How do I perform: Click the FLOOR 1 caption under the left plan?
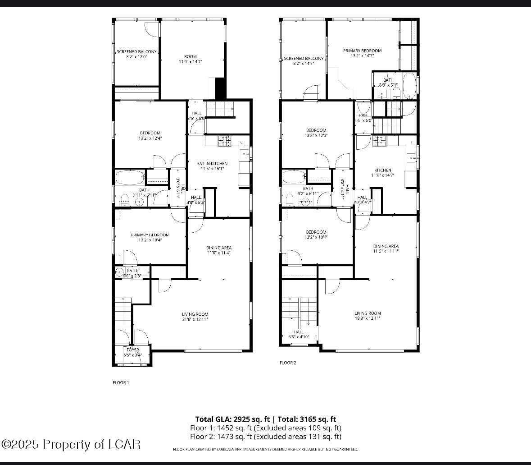click(x=120, y=382)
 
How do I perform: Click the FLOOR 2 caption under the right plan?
click(x=288, y=363)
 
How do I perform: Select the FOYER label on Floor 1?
click(x=132, y=352)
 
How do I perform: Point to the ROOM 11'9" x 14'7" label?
click(x=191, y=59)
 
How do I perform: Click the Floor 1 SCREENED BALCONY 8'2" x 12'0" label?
click(x=136, y=54)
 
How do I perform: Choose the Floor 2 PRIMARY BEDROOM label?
click(x=362, y=53)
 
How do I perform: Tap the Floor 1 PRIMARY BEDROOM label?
click(x=150, y=238)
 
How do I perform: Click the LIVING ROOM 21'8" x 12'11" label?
click(x=195, y=317)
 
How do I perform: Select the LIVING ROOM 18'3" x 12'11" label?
click(x=368, y=316)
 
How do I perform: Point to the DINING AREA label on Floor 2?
click(x=386, y=249)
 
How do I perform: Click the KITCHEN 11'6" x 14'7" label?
click(x=383, y=173)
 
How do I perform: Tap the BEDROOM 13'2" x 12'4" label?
click(x=150, y=135)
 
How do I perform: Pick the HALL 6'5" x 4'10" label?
click(x=299, y=334)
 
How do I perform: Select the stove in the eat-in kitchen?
click(x=224, y=141)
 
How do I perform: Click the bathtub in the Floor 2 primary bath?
click(x=409, y=86)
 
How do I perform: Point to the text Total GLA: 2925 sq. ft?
click(x=232, y=419)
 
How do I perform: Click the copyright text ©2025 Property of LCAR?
click(x=71, y=444)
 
